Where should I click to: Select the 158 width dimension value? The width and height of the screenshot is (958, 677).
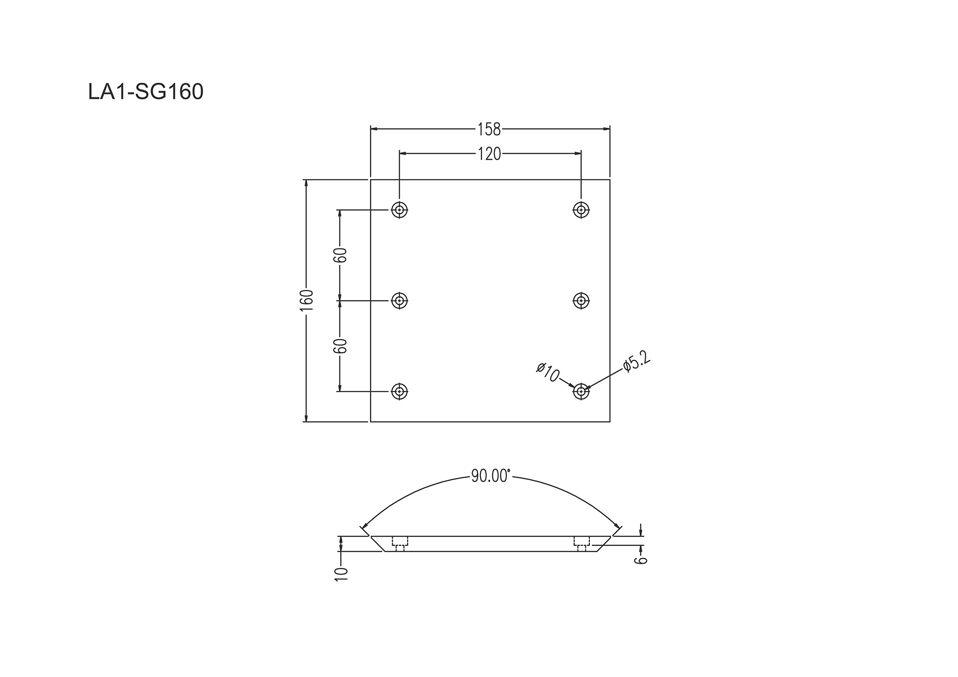click(489, 129)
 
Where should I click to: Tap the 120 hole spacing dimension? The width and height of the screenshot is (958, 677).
click(489, 154)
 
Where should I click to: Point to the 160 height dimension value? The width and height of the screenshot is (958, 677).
click(306, 300)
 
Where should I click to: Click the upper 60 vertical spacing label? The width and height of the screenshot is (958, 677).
click(340, 255)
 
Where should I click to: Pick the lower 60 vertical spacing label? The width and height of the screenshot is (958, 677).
click(340, 346)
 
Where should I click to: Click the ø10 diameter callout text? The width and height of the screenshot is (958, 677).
click(548, 372)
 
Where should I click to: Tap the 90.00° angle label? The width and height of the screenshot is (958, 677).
click(490, 476)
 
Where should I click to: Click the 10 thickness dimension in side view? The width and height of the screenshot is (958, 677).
click(342, 574)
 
